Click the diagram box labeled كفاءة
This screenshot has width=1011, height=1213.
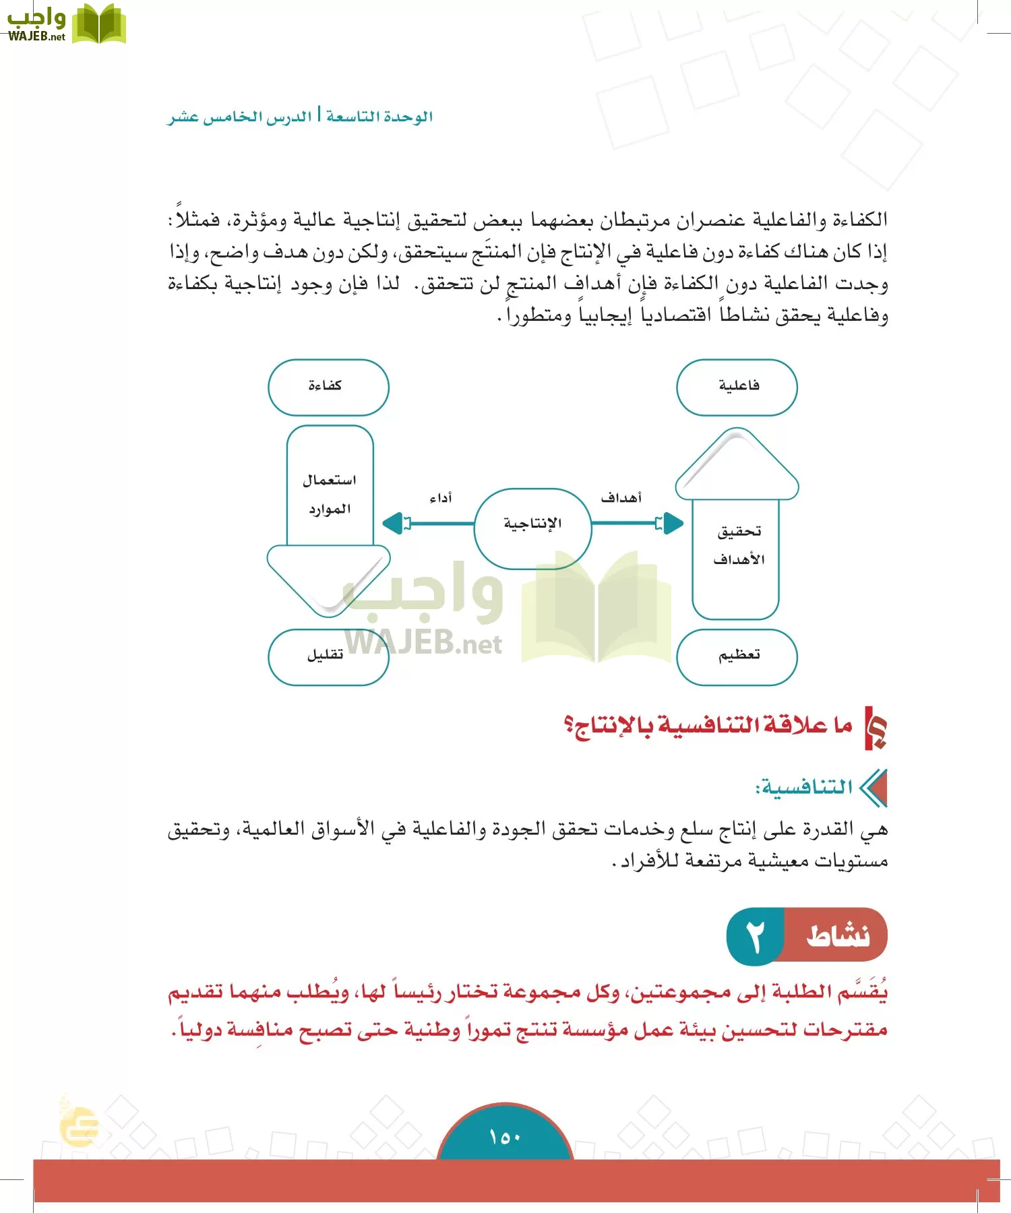click(328, 387)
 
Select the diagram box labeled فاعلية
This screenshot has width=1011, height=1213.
click(737, 387)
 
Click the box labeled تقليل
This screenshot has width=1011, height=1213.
click(328, 656)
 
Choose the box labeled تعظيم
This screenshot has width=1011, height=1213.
click(737, 656)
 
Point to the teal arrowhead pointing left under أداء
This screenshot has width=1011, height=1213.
click(393, 523)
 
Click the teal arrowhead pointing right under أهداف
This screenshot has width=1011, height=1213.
click(672, 523)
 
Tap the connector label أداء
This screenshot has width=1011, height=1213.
click(441, 498)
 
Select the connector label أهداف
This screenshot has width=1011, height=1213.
click(621, 498)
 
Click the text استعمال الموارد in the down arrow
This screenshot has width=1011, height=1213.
click(330, 494)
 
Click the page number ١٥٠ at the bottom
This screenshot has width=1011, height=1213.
click(505, 1138)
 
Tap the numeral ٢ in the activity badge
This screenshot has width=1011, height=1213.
click(756, 936)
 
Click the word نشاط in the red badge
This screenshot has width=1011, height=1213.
click(838, 936)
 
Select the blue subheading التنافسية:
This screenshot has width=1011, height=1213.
click(804, 788)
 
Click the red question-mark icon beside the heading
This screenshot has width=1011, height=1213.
click(876, 728)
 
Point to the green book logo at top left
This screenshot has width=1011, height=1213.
click(98, 24)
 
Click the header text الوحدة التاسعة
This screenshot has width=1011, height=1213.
click(379, 117)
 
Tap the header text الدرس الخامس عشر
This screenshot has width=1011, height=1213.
click(240, 117)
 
